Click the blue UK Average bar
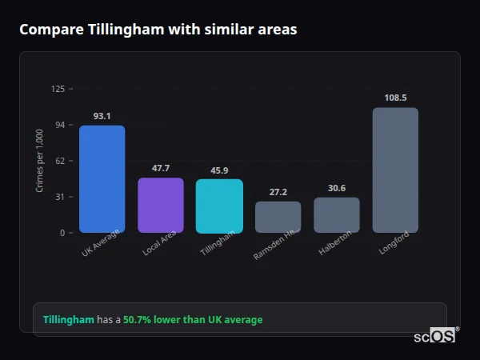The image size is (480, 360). click(x=102, y=179)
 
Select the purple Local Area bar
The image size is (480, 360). click(x=161, y=206)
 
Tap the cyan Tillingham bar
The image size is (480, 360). click(x=219, y=206)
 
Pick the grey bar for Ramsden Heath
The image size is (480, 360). click(x=278, y=217)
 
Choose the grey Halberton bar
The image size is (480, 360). click(x=337, y=215)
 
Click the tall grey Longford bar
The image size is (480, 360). click(x=395, y=170)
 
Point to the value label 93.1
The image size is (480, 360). click(x=102, y=116)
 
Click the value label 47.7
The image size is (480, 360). click(x=161, y=168)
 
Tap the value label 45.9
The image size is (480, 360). click(x=219, y=170)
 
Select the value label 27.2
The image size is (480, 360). click(x=278, y=192)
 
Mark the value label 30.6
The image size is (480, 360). click(x=337, y=188)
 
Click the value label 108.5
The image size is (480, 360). click(x=395, y=98)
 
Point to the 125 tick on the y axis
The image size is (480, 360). click(x=58, y=89)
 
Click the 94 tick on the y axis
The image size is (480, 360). click(x=60, y=125)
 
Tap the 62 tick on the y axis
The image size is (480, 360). click(x=60, y=161)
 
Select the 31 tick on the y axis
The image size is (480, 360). click(x=60, y=197)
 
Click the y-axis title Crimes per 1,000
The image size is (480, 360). click(x=39, y=161)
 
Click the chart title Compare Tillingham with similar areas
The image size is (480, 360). click(x=158, y=30)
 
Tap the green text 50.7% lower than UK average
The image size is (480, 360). click(x=193, y=320)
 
